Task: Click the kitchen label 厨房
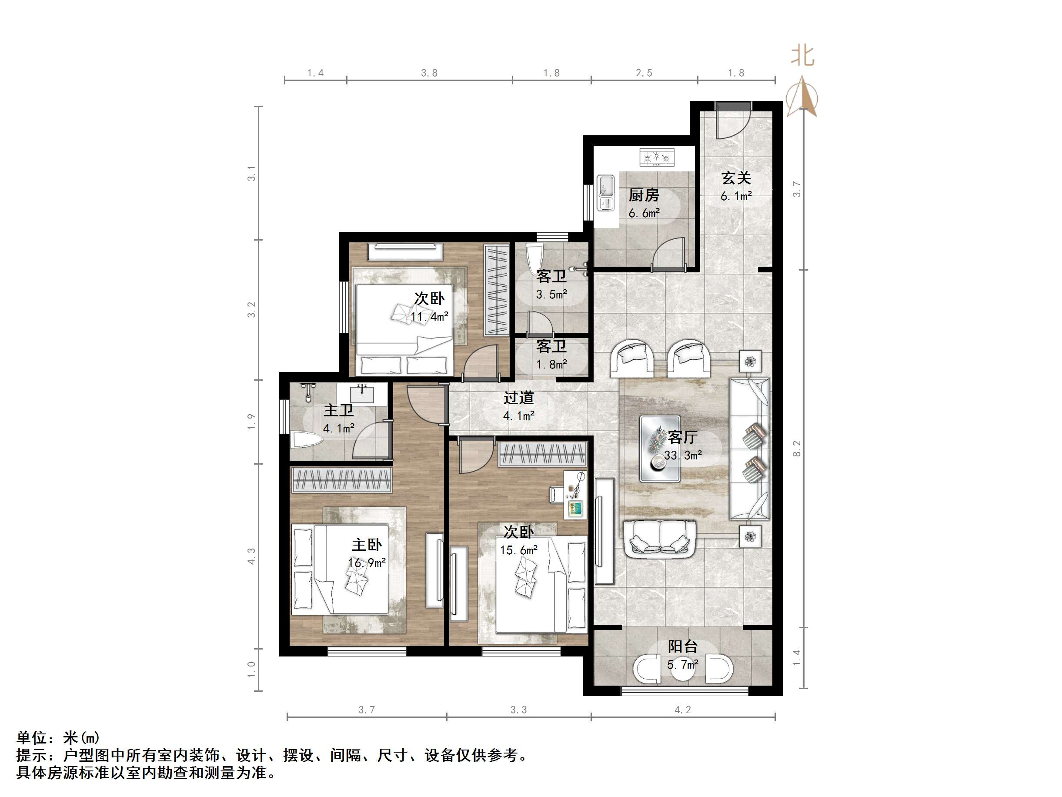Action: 643,195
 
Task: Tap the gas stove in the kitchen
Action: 656,157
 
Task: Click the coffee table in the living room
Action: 660,449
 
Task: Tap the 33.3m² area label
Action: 683,455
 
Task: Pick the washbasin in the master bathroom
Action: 361,394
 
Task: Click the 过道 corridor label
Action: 518,398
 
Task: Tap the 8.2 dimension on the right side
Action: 797,449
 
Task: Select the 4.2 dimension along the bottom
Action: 682,710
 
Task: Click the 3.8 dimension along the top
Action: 429,73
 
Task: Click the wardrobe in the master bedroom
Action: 341,479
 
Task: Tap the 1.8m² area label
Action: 551,365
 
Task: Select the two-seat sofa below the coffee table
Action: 660,539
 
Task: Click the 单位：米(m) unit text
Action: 57,737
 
